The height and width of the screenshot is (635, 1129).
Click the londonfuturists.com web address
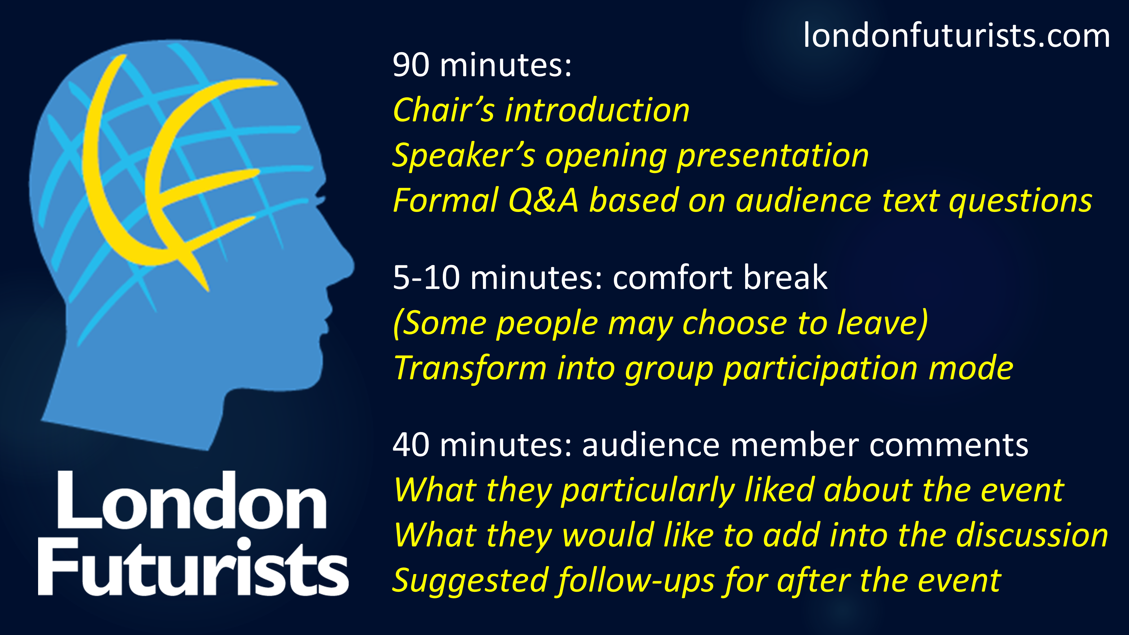click(957, 36)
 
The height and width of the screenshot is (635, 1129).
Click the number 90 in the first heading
click(411, 65)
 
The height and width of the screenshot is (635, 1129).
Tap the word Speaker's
click(463, 156)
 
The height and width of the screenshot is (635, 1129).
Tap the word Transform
click(470, 368)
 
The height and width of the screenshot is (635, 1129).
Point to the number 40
click(411, 445)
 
